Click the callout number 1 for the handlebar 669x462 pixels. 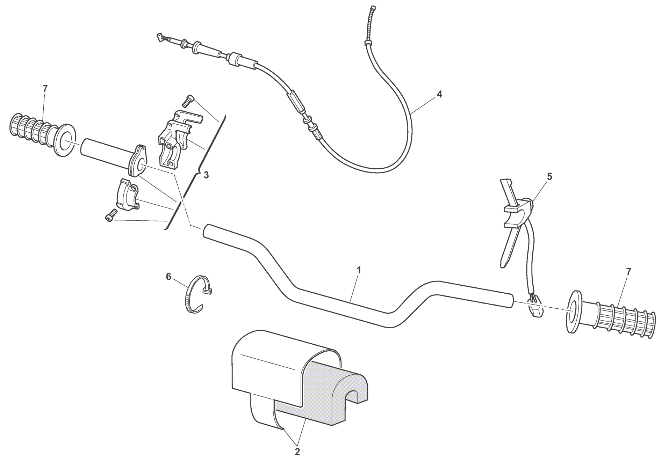pos(359,270)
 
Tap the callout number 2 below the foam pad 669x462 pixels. pos(297,452)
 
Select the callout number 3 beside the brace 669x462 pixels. pos(206,175)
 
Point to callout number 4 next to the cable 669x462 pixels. pos(439,94)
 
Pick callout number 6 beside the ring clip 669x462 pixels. pos(168,277)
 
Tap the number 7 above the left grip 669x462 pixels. pos(44,89)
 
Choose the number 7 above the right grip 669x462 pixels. pos(628,271)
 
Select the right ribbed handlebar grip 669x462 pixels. pos(611,316)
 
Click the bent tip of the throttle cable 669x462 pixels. pos(160,36)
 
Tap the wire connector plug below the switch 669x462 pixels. pos(535,306)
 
